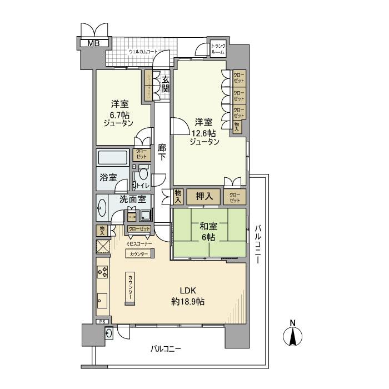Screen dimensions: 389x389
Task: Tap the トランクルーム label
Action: [218, 49]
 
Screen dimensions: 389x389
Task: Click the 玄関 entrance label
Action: [165, 84]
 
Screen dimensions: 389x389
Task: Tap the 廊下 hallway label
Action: [162, 153]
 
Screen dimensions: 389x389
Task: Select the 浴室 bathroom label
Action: [108, 178]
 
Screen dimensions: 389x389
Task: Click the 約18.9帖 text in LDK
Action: [188, 302]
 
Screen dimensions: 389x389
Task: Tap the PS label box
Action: [102, 322]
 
